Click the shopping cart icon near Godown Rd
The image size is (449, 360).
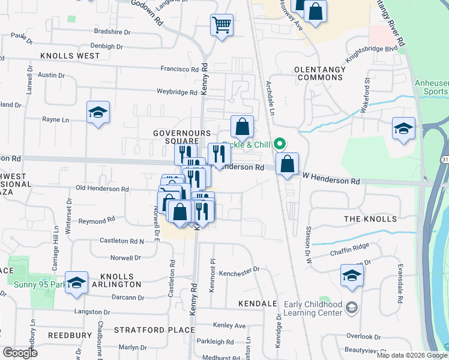221,25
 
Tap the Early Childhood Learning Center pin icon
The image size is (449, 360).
352,308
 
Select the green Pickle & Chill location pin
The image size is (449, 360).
279,144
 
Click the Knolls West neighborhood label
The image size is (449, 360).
70,56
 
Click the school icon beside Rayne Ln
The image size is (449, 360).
98,112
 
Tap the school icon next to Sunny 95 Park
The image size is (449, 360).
76,283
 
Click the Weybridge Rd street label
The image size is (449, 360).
177,92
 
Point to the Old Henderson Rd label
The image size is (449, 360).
103,189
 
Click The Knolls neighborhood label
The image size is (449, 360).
370,219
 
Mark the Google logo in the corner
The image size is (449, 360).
20,353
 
